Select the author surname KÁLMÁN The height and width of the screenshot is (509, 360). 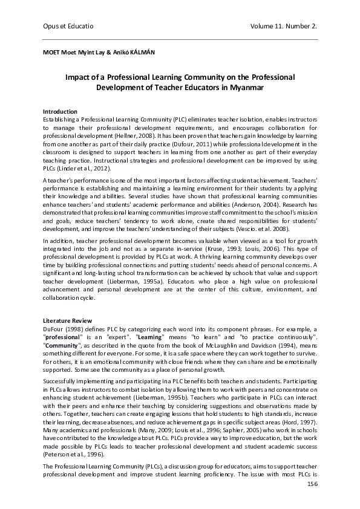point(141,53)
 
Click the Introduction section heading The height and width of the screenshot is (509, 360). point(60,112)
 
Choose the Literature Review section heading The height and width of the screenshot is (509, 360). point(67,319)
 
